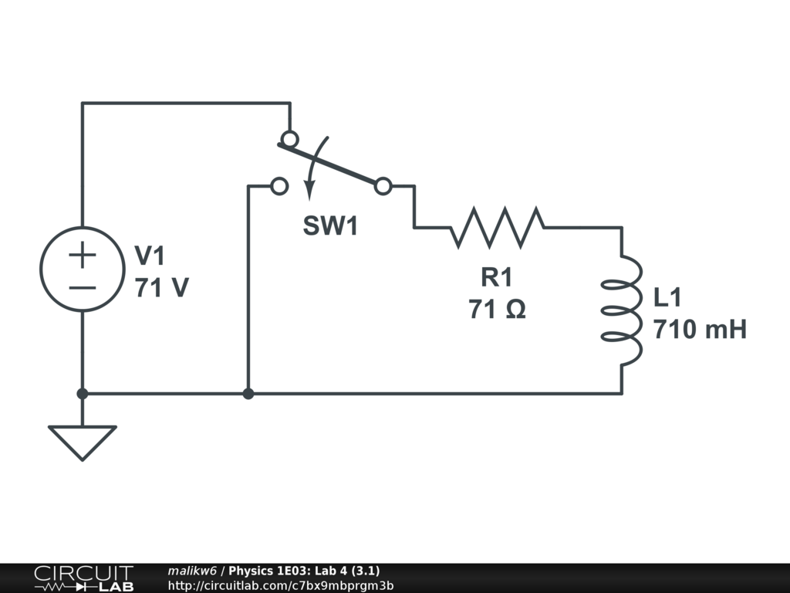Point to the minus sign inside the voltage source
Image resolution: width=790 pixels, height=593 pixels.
point(83,287)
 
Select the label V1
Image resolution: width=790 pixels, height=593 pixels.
point(150,256)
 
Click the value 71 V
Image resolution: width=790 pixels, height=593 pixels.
point(161,288)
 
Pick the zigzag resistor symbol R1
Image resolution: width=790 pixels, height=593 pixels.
point(498,227)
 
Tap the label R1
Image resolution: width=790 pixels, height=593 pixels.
point(496,276)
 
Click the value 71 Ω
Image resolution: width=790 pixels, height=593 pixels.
point(497,310)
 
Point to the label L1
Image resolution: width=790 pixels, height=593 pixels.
point(668,297)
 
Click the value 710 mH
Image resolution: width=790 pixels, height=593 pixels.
point(700,330)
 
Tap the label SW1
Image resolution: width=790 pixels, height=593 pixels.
point(330,226)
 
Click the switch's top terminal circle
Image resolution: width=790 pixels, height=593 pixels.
point(289,139)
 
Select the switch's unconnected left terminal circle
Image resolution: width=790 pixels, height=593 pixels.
point(279,186)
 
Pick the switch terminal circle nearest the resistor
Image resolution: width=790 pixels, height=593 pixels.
point(383,186)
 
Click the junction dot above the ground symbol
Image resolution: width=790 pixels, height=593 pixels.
point(83,394)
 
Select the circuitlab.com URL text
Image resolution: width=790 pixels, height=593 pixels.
point(280,585)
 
